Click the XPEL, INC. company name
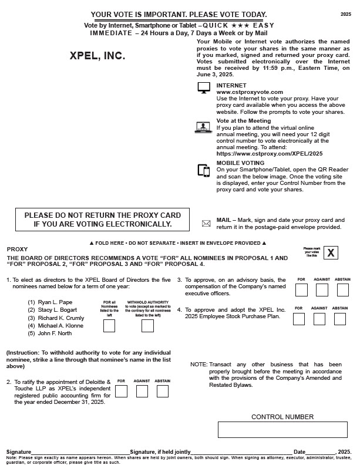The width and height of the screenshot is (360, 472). pos(97,57)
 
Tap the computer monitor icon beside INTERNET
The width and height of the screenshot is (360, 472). pos(204,87)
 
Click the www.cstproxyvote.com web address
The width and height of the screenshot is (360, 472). pos(241,92)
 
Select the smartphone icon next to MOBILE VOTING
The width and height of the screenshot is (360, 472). pos(204,170)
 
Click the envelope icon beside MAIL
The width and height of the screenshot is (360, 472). pos(206,224)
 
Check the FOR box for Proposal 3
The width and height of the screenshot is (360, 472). pos(301,289)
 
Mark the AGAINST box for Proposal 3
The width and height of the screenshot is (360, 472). pos(322,289)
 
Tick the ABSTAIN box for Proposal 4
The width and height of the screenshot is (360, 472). pos(339,319)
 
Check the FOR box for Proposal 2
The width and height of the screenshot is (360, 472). pos(122,390)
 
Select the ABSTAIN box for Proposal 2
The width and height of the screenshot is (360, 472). pos(163,390)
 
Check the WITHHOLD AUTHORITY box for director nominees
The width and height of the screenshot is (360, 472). pos(147,326)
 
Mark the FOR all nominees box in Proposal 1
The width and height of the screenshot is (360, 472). pos(109,326)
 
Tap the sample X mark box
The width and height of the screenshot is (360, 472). pos(332,253)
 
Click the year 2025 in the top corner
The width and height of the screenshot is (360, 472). pos(346,14)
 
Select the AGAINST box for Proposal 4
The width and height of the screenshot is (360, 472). pos(319,319)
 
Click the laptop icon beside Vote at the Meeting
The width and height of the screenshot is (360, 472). pos(204,127)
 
